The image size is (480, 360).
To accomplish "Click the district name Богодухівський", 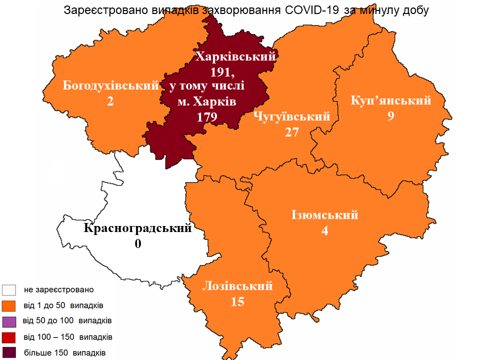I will click(x=110, y=85).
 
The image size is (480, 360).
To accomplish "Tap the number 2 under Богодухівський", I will click(x=110, y=101).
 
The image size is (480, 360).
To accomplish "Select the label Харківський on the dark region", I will click(x=235, y=56).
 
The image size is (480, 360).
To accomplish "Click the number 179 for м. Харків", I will click(x=207, y=117).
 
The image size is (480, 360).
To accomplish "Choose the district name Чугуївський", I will click(x=292, y=117).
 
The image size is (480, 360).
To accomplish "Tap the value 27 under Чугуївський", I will click(x=292, y=132).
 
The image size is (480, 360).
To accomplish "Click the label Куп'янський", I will click(x=391, y=100).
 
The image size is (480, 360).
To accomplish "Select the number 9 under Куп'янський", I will click(x=391, y=116).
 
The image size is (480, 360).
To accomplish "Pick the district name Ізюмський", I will click(x=325, y=215).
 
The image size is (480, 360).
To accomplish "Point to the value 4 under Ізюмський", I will click(x=325, y=231).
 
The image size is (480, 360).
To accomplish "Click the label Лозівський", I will click(x=237, y=286).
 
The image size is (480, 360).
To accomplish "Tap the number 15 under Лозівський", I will click(x=237, y=302).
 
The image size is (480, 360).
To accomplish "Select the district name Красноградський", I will click(x=138, y=228).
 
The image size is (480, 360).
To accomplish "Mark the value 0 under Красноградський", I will click(x=138, y=244).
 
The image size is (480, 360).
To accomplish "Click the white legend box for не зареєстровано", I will click(x=9, y=290).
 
